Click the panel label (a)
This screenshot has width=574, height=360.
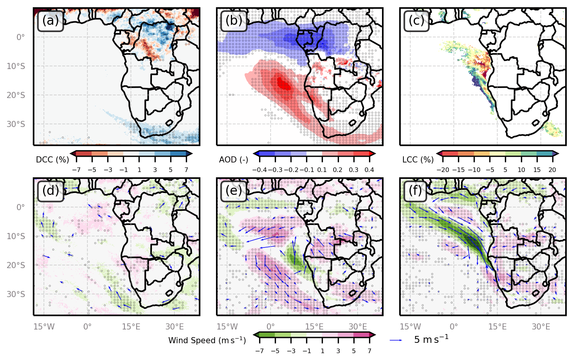(50, 21)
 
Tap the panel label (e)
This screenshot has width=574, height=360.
(234, 190)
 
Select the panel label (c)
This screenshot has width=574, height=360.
(417, 21)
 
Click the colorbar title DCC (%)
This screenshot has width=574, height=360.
(52, 160)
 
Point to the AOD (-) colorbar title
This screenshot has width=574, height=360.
(234, 160)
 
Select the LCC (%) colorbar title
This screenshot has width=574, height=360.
(418, 160)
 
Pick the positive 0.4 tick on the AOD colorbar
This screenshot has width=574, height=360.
(369, 170)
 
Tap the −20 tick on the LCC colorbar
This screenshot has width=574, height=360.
(442, 170)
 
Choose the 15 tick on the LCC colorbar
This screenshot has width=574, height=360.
(537, 170)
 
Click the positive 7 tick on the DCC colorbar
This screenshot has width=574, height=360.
(186, 170)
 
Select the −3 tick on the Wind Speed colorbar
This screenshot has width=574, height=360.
(291, 351)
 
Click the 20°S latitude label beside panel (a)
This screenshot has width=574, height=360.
(16, 95)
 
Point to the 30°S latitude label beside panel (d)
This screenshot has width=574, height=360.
(16, 294)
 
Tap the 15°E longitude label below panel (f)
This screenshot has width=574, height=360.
(498, 327)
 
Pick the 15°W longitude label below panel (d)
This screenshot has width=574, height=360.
(44, 327)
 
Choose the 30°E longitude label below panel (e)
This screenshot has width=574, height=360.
(358, 327)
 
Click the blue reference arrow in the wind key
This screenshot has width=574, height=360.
(396, 340)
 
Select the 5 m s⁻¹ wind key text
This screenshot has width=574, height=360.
(431, 339)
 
